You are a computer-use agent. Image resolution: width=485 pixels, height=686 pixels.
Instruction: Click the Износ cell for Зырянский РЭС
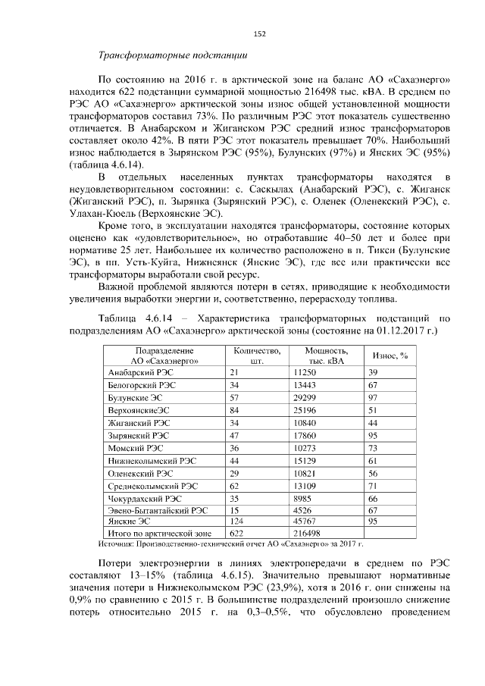(x=373, y=436)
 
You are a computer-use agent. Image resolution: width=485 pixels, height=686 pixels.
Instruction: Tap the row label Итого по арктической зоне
(x=150, y=534)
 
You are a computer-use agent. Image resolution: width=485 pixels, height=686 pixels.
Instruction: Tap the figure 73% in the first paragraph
(x=208, y=117)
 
